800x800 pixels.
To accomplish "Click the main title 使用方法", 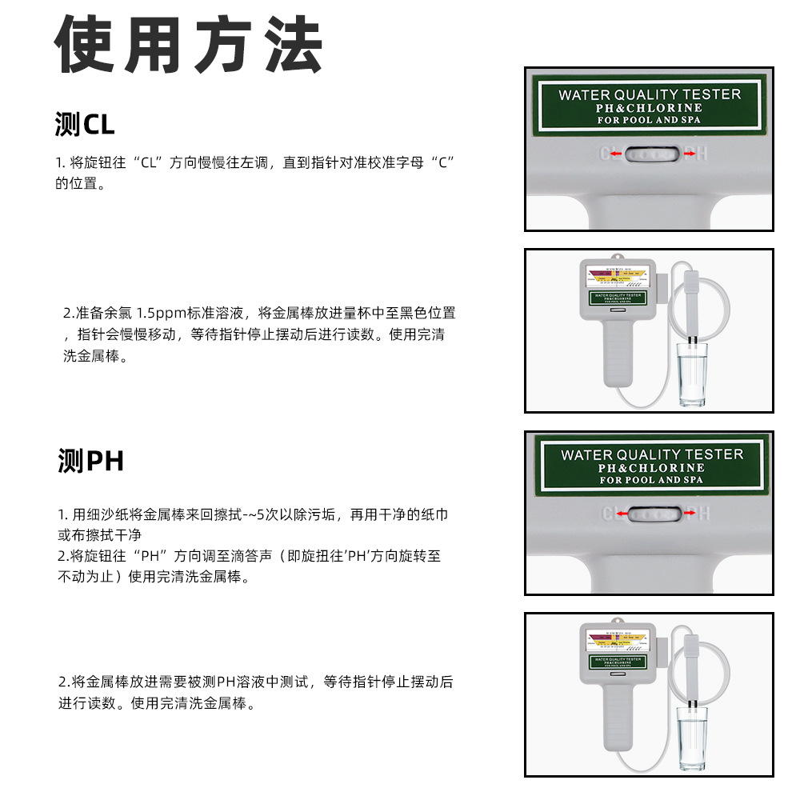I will [x=189, y=46].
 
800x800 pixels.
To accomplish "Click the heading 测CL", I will [x=85, y=125].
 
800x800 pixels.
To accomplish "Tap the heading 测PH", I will [x=90, y=462].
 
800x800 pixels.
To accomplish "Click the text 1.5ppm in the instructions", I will [x=162, y=313].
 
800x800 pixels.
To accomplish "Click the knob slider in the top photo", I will [x=650, y=154].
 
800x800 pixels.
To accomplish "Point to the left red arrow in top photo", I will [x=615, y=154].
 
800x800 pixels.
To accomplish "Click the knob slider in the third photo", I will [x=650, y=514].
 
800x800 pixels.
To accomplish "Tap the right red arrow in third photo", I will [x=687, y=513].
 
